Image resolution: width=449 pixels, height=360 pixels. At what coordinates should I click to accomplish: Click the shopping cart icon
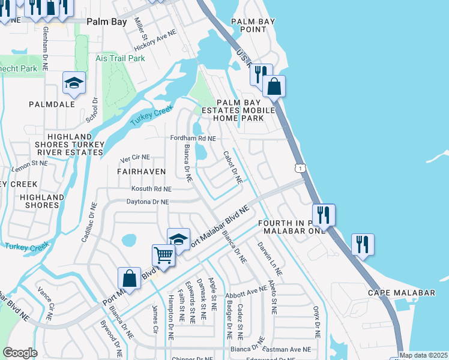pos(163,256)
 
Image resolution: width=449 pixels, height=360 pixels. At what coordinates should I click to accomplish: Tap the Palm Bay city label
pos(106,21)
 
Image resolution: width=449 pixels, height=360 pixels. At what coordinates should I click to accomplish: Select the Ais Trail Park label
pos(120,59)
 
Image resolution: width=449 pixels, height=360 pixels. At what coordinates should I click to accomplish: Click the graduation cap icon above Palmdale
pos(74,83)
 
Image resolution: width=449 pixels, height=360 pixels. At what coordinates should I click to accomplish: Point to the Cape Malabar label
pos(393,292)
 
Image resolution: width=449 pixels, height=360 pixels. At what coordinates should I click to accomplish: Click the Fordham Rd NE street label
pos(193,138)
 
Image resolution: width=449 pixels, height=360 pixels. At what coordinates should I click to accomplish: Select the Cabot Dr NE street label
pos(232,167)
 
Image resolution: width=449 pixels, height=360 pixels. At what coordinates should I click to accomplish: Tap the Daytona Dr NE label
pos(147,203)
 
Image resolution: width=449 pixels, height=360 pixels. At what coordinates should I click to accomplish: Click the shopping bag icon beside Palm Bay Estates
pos(274,87)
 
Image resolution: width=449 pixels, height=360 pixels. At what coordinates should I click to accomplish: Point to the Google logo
pos(20,353)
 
